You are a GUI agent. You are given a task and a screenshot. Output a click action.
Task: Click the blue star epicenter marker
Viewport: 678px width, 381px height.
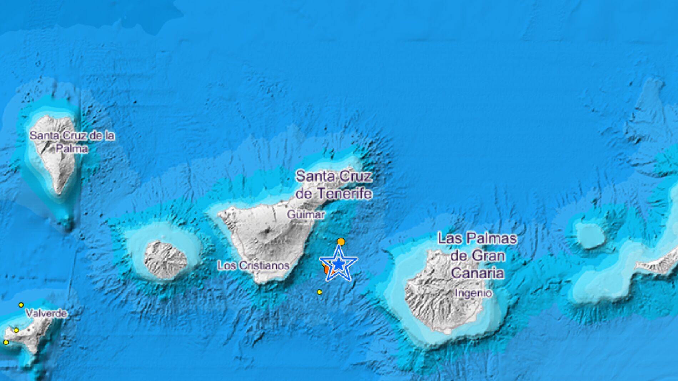click(338, 265)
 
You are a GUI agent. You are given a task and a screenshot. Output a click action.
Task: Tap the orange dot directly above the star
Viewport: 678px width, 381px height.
click(341, 242)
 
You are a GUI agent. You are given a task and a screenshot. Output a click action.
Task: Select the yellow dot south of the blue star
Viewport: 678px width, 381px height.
click(319, 292)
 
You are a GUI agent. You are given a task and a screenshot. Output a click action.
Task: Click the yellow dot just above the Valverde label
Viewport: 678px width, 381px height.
click(21, 305)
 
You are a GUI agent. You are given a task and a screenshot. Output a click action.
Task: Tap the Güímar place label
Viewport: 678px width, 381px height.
click(306, 214)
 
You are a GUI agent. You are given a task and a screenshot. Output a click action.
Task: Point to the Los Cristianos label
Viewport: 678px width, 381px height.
click(253, 265)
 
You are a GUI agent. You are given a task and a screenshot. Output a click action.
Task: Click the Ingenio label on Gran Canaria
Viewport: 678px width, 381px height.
click(473, 293)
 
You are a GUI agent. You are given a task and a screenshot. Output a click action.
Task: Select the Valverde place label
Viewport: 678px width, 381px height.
click(46, 314)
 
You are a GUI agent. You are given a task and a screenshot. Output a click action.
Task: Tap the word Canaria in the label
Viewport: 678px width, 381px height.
click(477, 273)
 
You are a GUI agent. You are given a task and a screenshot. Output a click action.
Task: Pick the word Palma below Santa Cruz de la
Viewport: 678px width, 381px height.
click(72, 148)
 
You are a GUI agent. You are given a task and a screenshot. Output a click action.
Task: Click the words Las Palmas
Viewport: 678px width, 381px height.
click(477, 238)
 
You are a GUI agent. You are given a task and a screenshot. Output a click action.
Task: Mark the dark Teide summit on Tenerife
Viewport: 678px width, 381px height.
click(267, 232)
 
